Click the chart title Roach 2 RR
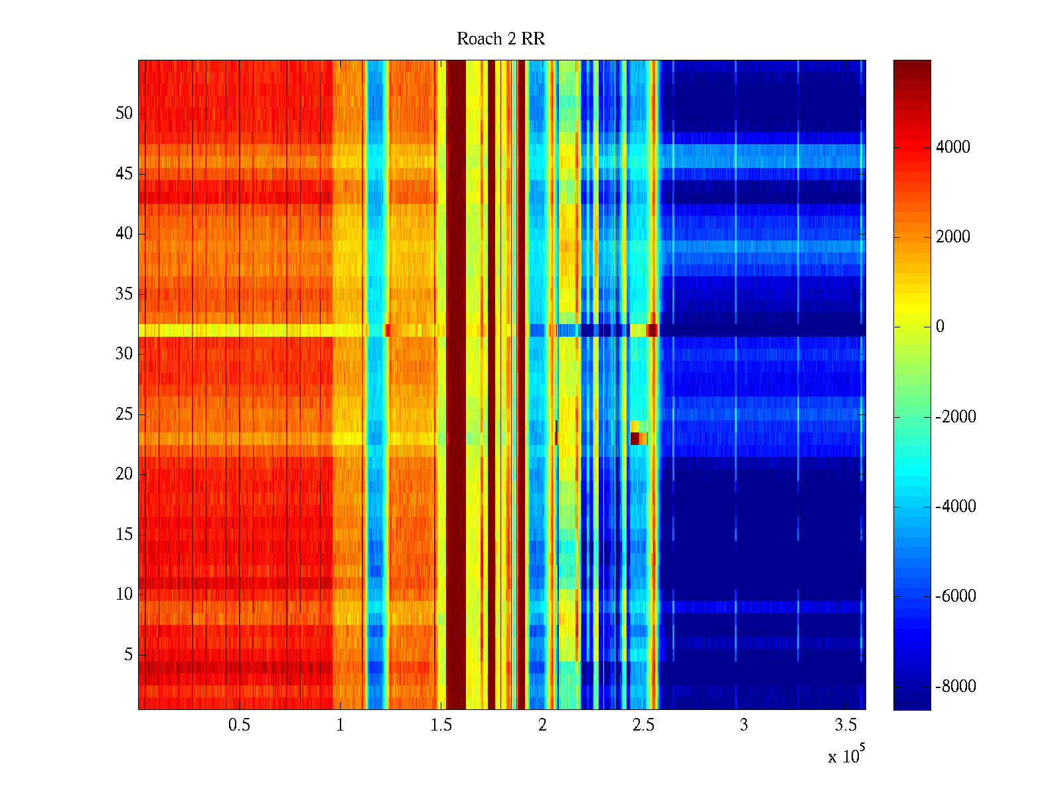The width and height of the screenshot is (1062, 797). pyautogui.click(x=500, y=39)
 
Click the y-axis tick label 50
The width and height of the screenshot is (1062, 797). pyautogui.click(x=124, y=114)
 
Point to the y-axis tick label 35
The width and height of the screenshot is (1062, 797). pyautogui.click(x=124, y=294)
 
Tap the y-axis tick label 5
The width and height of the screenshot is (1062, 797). pyautogui.click(x=128, y=655)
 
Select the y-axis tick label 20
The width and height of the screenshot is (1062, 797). pyautogui.click(x=124, y=474)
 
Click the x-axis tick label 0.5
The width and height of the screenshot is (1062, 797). pyautogui.click(x=239, y=725)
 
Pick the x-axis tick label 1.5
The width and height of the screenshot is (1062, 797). pyautogui.click(x=441, y=725)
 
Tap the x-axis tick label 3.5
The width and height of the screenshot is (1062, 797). pyautogui.click(x=846, y=725)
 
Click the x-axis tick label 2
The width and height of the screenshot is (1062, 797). pyautogui.click(x=542, y=725)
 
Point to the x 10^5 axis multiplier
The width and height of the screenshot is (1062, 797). pyautogui.click(x=846, y=756)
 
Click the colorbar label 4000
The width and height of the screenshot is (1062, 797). pyautogui.click(x=952, y=147)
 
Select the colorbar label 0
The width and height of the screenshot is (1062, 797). pyautogui.click(x=940, y=327)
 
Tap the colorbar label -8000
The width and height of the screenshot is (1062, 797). pyautogui.click(x=956, y=687)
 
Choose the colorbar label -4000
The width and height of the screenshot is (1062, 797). pyautogui.click(x=956, y=507)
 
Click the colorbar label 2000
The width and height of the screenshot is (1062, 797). pyautogui.click(x=952, y=237)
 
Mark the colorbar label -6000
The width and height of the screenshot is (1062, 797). pyautogui.click(x=956, y=596)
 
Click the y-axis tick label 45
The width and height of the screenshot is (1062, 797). pyautogui.click(x=124, y=174)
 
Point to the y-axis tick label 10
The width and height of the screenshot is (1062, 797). pyautogui.click(x=124, y=594)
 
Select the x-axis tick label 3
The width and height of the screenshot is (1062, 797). pyautogui.click(x=744, y=725)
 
